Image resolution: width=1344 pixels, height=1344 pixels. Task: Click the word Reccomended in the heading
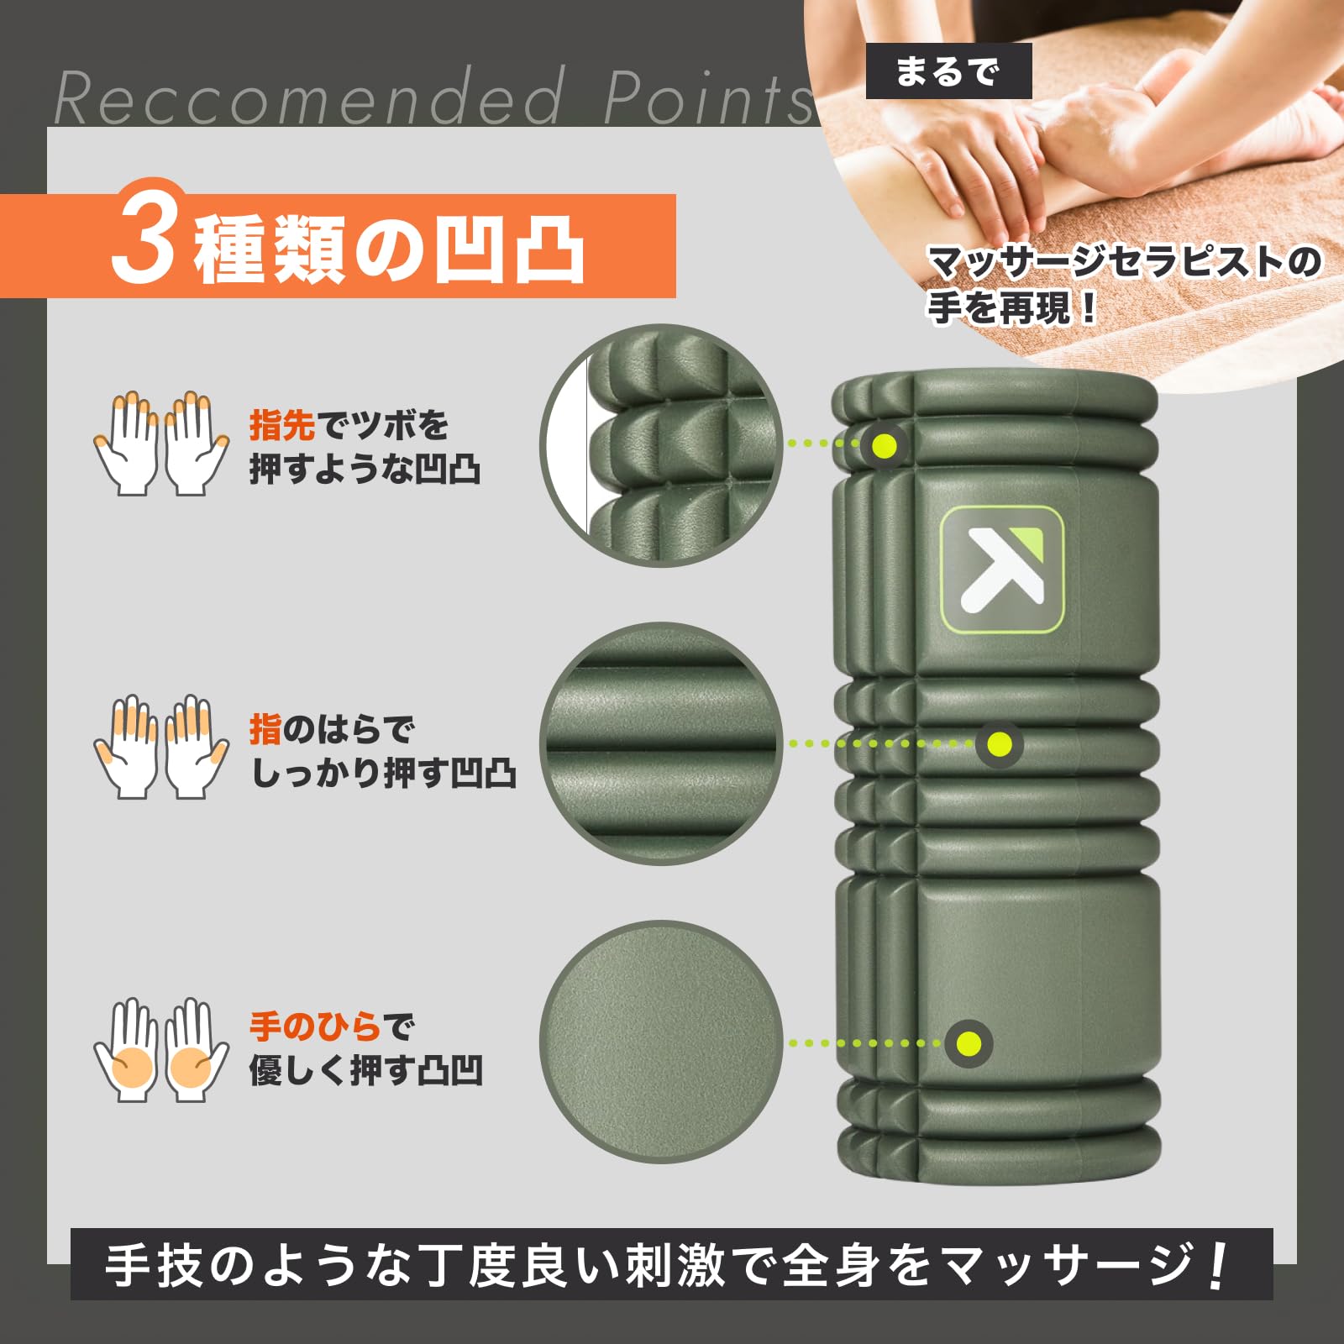click(x=307, y=99)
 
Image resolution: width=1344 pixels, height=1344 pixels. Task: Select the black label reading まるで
click(x=948, y=71)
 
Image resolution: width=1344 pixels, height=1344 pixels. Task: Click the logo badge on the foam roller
click(x=1001, y=569)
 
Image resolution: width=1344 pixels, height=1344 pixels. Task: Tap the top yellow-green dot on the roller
click(x=882, y=444)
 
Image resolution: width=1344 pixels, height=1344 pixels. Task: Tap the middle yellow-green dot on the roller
click(x=999, y=743)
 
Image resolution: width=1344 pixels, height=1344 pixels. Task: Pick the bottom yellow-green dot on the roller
click(x=969, y=1043)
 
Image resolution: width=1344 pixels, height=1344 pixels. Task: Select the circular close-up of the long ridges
click(x=662, y=743)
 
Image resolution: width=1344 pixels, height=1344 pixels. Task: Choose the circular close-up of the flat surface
click(x=662, y=1042)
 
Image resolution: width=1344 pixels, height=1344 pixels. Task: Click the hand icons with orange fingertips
click(x=160, y=443)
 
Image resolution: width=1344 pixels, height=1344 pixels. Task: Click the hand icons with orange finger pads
click(x=160, y=746)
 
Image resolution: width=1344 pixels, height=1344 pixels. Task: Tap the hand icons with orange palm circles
click(x=160, y=1050)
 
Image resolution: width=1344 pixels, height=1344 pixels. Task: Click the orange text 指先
click(x=281, y=426)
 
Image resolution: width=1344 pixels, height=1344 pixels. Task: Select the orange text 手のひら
click(x=315, y=1026)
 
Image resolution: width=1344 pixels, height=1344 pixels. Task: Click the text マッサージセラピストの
click(x=1124, y=263)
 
